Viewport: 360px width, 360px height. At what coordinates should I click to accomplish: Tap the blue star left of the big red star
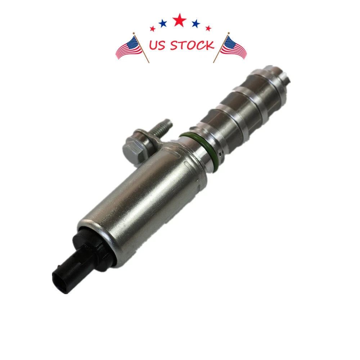tap(163, 23)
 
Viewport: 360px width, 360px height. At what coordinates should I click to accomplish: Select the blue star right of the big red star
tap(196, 23)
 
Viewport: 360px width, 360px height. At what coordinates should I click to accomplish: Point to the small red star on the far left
tap(152, 29)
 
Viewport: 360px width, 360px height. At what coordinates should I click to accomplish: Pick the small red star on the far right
tap(208, 28)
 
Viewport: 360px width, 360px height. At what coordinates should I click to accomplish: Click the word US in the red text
tap(157, 45)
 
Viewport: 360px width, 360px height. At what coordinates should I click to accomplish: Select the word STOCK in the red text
tap(192, 45)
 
